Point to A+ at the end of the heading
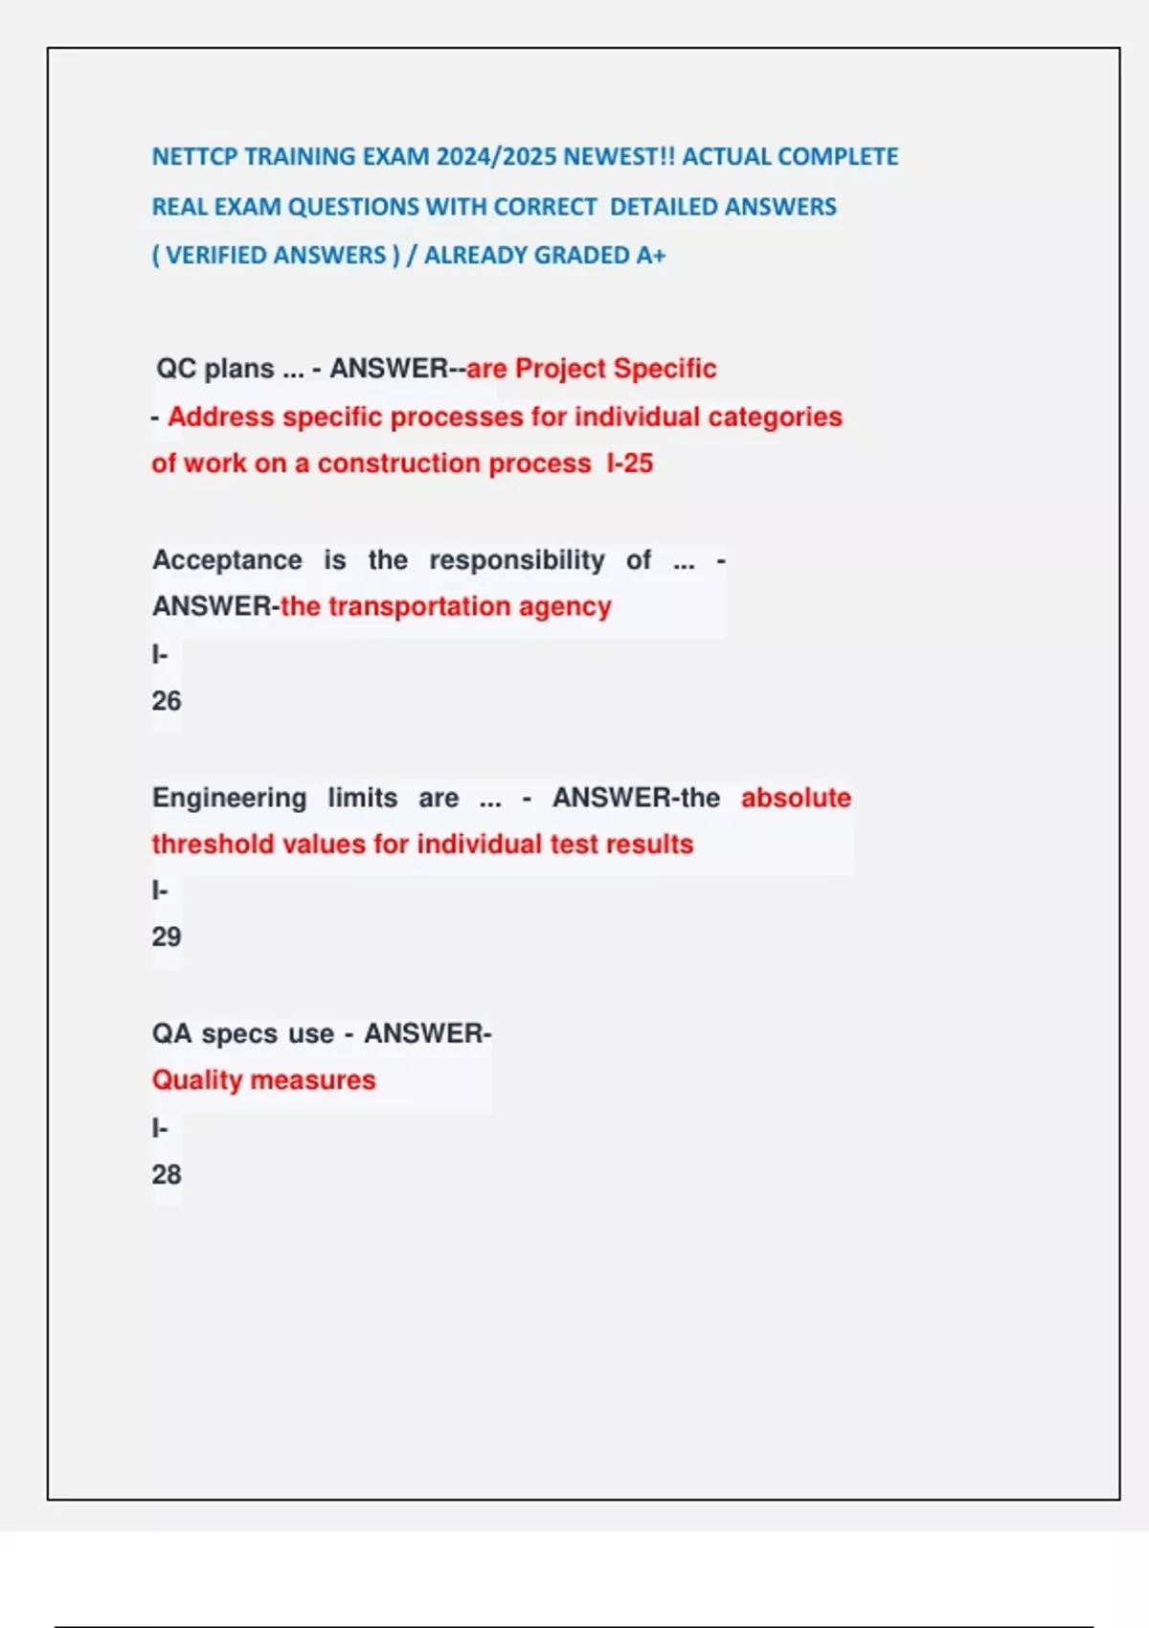[x=651, y=256]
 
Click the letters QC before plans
[x=176, y=369]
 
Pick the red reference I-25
[x=629, y=464]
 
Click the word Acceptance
[x=227, y=560]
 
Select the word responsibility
[x=516, y=560]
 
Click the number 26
[x=166, y=701]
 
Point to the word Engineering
[x=229, y=798]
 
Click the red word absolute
[x=796, y=798]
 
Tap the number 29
[x=166, y=937]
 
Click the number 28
[x=166, y=1174]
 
